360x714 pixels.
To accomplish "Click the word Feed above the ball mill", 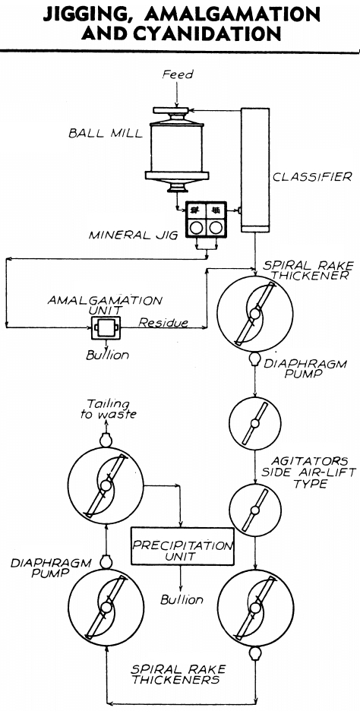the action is click(178, 74).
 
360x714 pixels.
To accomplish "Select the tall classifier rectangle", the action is click(255, 169).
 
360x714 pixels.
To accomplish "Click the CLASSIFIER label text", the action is click(312, 177).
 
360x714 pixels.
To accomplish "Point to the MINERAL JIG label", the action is click(132, 235).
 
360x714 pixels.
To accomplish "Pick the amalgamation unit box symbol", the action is click(105, 327).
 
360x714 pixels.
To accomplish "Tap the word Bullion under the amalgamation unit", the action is click(108, 355).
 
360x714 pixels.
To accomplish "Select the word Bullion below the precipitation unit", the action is click(182, 599).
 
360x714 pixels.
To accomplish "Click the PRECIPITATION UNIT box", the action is click(182, 546).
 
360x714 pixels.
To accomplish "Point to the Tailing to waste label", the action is click(108, 409).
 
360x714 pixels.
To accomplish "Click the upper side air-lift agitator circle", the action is click(255, 423).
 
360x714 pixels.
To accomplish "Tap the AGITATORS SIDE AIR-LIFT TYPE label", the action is click(308, 472).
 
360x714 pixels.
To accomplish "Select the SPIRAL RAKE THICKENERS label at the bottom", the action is click(178, 674).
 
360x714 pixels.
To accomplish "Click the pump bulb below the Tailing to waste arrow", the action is click(106, 440).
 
